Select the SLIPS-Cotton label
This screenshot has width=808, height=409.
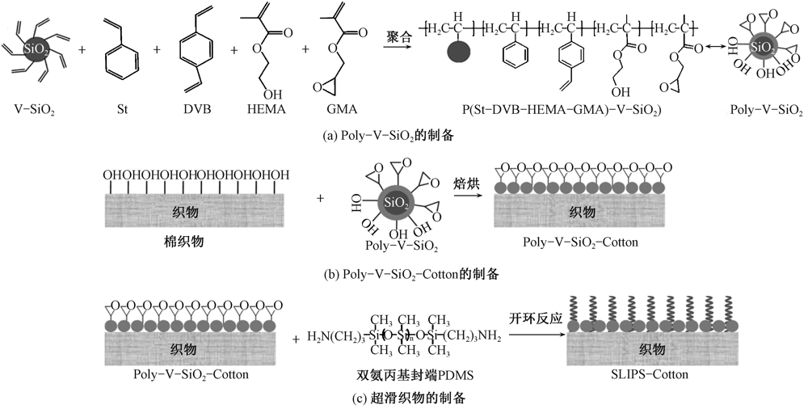click(x=650, y=374)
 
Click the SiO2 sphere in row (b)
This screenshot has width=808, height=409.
click(x=395, y=200)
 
